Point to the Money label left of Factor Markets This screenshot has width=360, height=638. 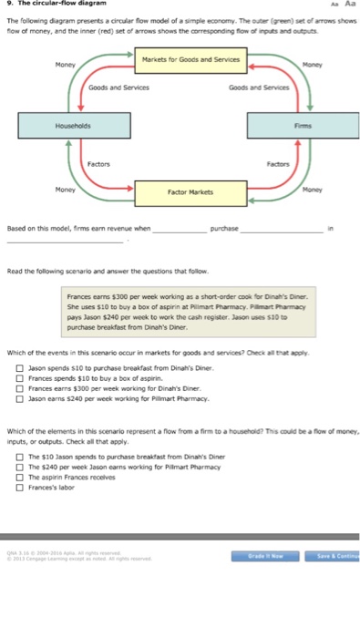pos(64,190)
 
